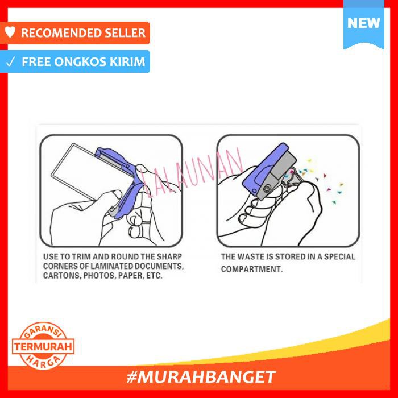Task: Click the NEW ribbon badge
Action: [x=363, y=24]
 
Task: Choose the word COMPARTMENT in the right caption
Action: [x=251, y=269]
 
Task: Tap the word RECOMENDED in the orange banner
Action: [x=57, y=33]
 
